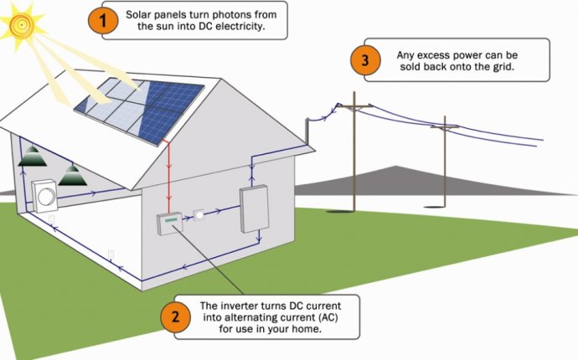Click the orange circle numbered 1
coord(103,20)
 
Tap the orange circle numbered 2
coord(175,316)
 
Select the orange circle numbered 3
coord(365,60)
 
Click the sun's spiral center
coord(21,25)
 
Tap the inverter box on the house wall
coord(170,224)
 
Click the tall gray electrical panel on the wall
coord(255,209)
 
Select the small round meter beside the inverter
coord(199,215)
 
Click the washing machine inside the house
coord(44,196)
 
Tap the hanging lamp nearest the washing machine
coord(72,175)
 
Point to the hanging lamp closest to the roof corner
coord(33,156)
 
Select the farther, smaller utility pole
coord(445,162)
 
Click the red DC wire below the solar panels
coord(169,176)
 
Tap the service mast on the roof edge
coord(307,131)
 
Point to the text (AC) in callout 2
coord(328,317)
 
